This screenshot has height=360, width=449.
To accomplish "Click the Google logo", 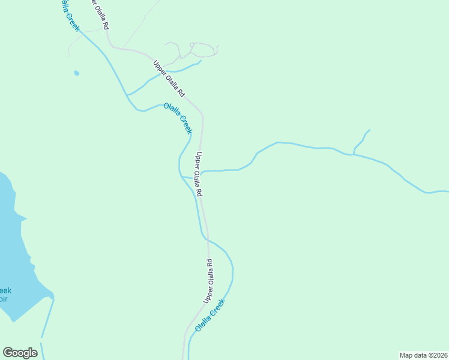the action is (20, 353).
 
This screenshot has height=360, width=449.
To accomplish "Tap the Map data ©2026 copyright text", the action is (423, 355).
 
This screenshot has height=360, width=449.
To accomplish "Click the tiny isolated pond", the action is (76, 73).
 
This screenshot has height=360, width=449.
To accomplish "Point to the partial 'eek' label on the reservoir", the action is (5, 291).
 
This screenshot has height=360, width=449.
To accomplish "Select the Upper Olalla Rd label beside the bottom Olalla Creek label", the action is (208, 281).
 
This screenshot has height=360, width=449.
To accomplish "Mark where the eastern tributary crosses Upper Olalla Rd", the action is (202, 173).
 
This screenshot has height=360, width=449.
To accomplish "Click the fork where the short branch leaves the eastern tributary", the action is (354, 154).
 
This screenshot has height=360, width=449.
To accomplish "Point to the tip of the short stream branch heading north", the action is (370, 130).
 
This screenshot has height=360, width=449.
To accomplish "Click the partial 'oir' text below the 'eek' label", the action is (4, 299).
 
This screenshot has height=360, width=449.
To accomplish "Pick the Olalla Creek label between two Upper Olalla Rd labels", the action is (178, 118).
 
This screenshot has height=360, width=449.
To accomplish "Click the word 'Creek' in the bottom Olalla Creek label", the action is (219, 308).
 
